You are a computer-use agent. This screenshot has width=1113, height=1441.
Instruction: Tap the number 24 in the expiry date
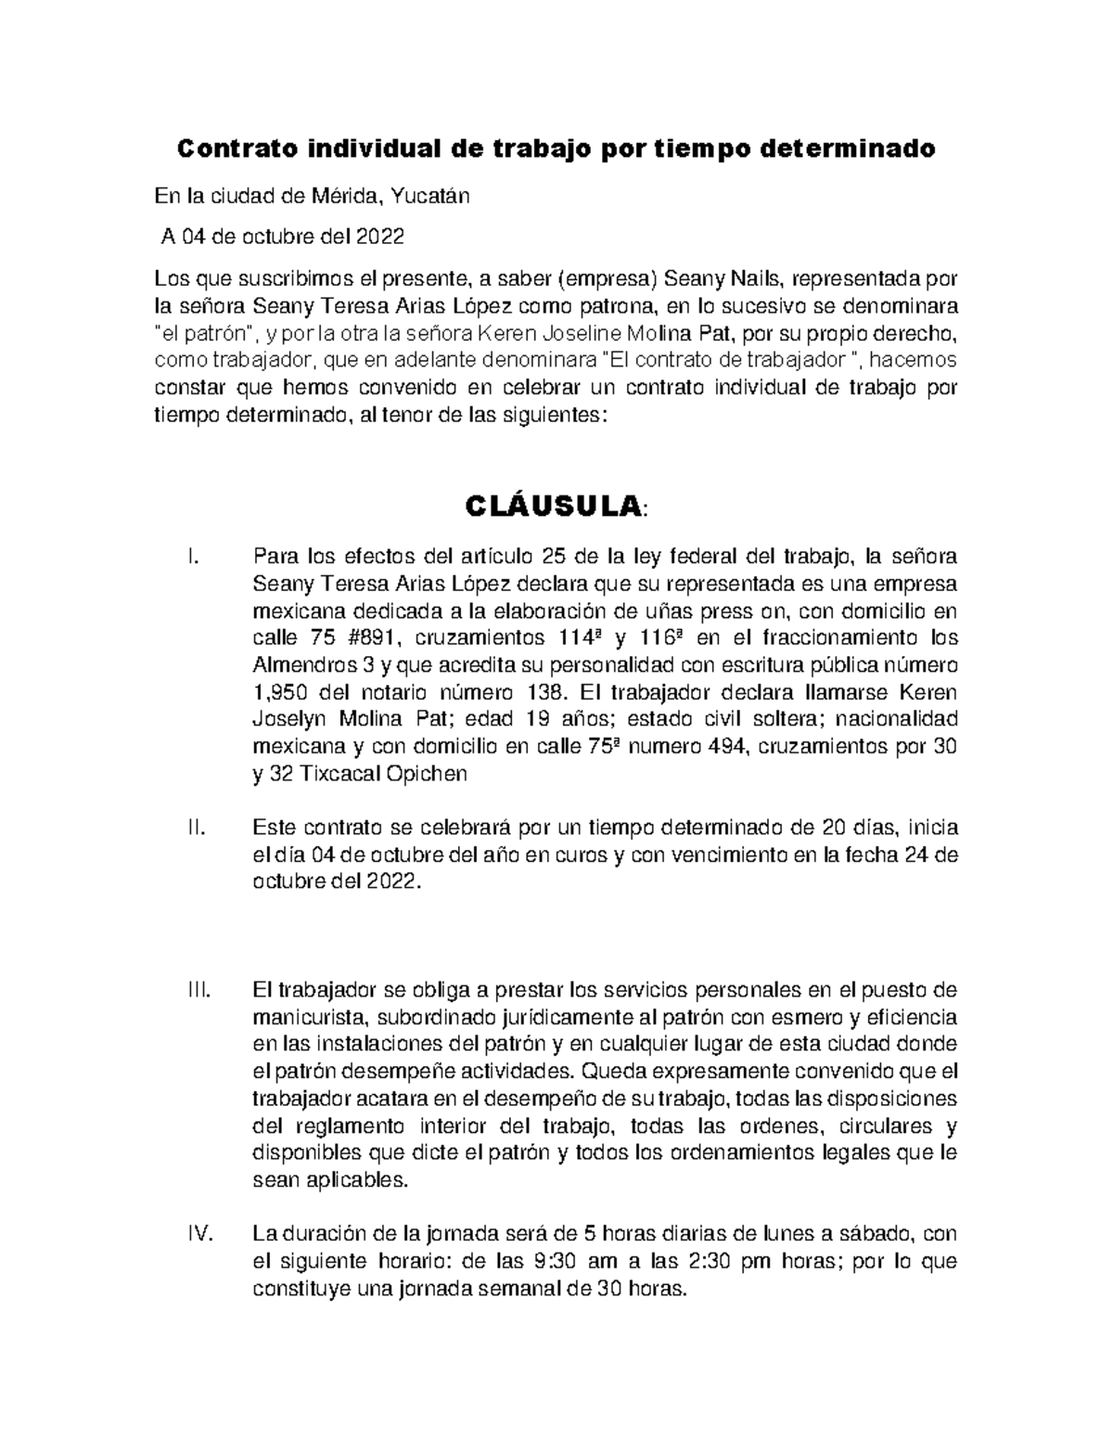point(916,855)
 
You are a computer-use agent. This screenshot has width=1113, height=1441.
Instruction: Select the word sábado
point(878,1234)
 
